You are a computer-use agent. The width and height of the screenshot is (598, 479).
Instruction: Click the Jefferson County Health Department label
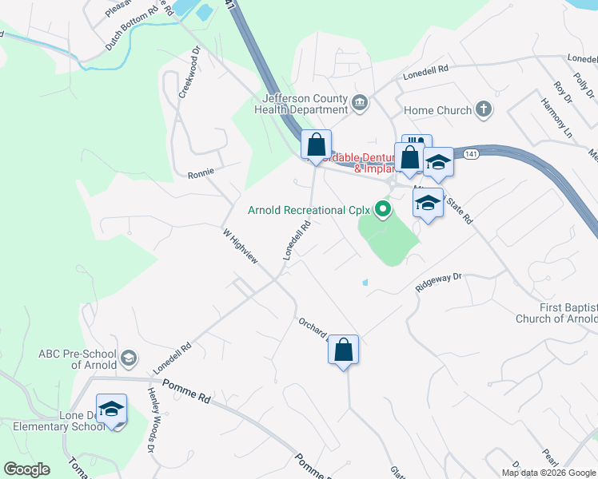pos(300,105)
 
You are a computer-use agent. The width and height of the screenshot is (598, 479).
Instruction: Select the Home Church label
pos(438,110)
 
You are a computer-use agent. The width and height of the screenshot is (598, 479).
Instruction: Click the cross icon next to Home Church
pos(483,109)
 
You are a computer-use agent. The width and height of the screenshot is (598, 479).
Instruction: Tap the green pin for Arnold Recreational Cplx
pos(383,211)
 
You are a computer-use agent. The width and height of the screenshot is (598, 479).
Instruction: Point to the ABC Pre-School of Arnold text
pos(77,359)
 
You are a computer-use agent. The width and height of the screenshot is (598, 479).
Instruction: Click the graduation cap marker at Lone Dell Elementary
pos(112,410)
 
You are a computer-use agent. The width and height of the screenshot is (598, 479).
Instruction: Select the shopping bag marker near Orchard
pos(343,350)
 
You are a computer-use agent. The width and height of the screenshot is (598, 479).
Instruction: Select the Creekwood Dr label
pos(189,71)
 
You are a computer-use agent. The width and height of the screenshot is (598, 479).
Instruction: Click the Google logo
pos(26,469)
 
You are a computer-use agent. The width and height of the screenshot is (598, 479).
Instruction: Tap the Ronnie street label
pos(201,174)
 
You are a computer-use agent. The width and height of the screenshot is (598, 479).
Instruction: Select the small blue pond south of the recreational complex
pos(365,282)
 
